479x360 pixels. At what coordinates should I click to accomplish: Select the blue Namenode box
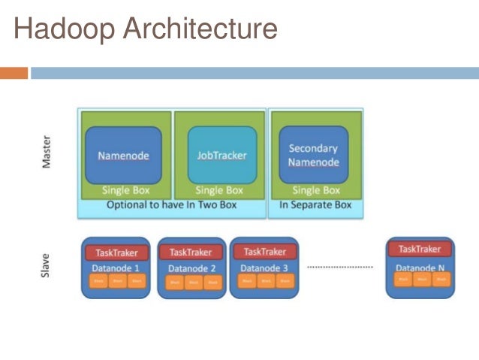click(123, 156)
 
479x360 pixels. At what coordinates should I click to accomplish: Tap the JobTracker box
click(221, 156)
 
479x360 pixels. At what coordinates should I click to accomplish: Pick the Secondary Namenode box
click(313, 155)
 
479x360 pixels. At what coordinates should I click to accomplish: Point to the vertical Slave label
click(47, 267)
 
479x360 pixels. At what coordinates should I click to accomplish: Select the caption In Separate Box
click(315, 204)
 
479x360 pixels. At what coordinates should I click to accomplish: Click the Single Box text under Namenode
click(124, 190)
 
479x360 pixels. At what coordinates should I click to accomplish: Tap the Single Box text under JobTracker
click(219, 190)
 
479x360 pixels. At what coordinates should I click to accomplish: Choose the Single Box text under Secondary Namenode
click(316, 190)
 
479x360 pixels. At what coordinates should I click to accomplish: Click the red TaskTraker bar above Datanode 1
click(116, 253)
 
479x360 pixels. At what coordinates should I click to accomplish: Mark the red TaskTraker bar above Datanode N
click(420, 249)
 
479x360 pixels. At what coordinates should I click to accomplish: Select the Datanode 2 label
click(192, 268)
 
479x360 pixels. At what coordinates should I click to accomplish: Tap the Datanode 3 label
click(264, 268)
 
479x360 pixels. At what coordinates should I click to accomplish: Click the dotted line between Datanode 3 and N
click(340, 267)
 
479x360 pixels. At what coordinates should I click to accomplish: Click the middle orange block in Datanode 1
click(116, 282)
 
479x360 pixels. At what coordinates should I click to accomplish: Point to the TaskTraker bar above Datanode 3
click(264, 252)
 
